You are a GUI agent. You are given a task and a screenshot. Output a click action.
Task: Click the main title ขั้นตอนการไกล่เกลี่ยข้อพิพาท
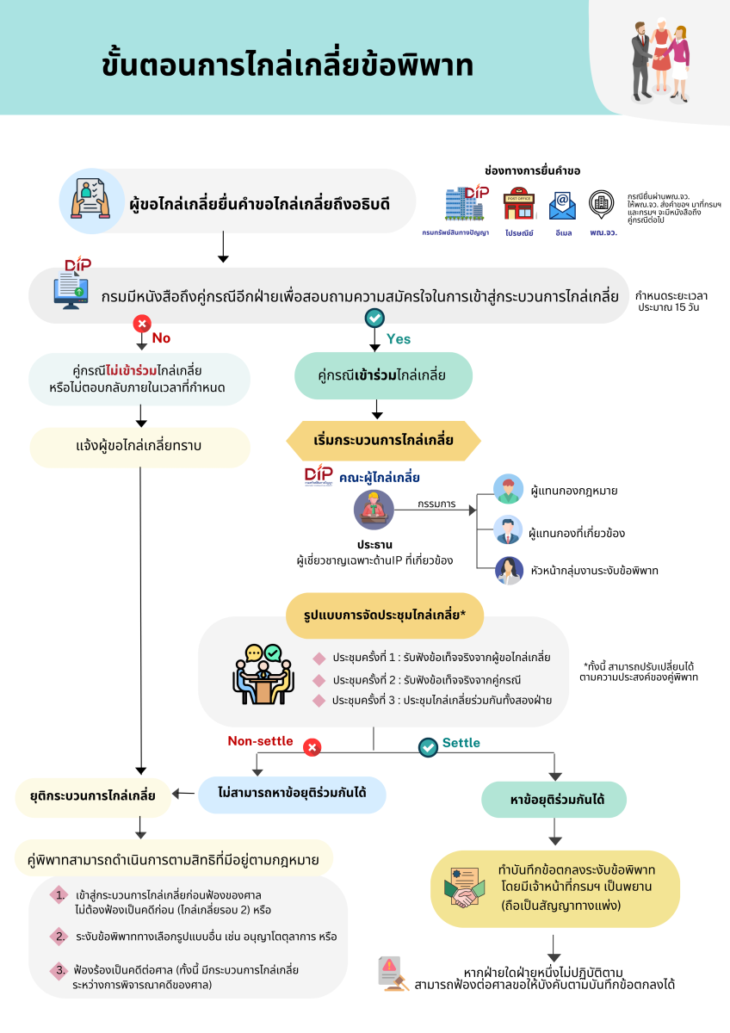point(287,65)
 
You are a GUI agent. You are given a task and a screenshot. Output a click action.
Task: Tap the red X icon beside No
point(141,324)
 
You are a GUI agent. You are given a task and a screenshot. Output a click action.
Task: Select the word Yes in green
point(399,338)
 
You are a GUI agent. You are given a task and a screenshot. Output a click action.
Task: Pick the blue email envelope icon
point(562,206)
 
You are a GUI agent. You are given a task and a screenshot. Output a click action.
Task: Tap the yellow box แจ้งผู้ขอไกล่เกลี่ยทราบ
point(139,447)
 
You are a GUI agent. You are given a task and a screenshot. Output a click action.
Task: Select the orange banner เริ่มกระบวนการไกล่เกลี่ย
point(383,441)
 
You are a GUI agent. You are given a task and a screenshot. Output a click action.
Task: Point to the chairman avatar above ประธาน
point(374,510)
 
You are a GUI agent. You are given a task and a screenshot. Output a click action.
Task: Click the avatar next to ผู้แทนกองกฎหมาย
point(508,490)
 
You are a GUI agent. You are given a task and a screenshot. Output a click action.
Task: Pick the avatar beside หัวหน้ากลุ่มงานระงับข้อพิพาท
point(508,570)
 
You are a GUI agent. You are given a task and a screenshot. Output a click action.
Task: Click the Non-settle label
point(260,741)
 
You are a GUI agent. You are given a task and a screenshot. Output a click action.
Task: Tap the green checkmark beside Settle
point(428,747)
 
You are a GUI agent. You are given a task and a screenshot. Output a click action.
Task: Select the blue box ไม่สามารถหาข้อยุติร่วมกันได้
point(292,794)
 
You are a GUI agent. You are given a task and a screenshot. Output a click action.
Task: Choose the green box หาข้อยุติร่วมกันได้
point(554,800)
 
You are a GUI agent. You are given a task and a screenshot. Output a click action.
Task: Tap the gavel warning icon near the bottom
point(393,974)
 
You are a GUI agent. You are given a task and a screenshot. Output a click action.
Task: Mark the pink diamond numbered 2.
point(59,935)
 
